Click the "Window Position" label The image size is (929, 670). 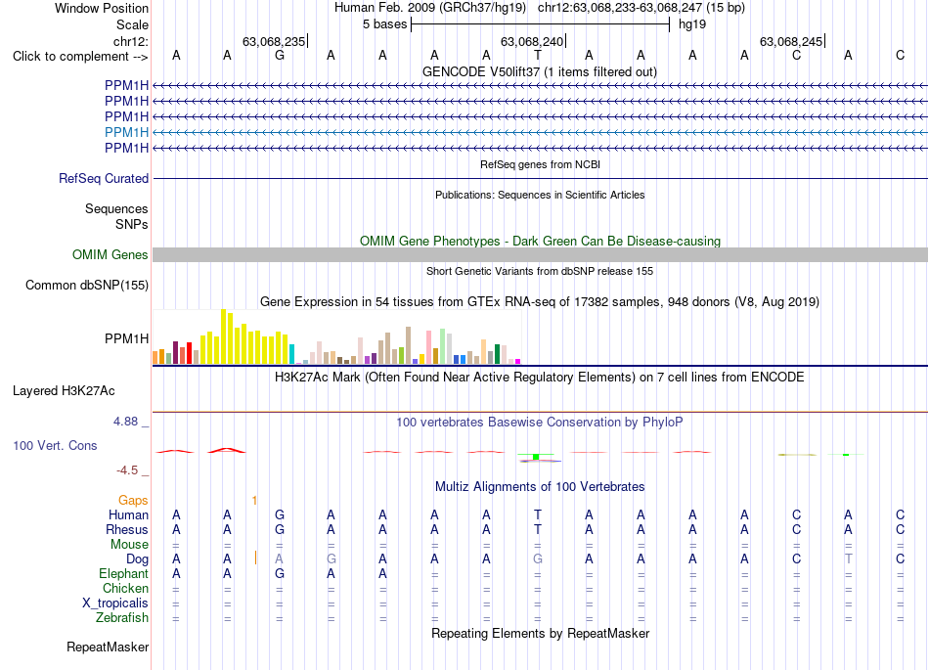click(102, 8)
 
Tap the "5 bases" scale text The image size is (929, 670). click(385, 24)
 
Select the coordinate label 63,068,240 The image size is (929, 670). click(532, 41)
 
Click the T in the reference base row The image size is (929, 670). click(538, 55)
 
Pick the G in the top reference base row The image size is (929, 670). click(280, 55)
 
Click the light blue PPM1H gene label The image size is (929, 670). click(127, 132)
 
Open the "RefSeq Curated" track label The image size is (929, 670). click(104, 178)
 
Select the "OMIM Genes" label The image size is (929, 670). click(111, 254)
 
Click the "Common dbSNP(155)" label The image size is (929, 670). click(87, 285)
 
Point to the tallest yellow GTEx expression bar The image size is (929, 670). click(223, 336)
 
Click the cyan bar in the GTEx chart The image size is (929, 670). click(291, 354)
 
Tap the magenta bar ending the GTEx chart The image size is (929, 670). click(518, 361)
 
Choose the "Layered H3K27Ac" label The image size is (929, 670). click(64, 391)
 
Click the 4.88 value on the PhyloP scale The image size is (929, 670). click(125, 422)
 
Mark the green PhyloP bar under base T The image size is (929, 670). click(536, 457)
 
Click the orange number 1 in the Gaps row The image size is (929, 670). click(254, 501)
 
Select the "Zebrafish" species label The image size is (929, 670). click(122, 618)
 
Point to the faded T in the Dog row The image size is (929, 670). click(849, 558)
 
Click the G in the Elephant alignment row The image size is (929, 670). click(280, 573)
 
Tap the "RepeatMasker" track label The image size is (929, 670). click(108, 647)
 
